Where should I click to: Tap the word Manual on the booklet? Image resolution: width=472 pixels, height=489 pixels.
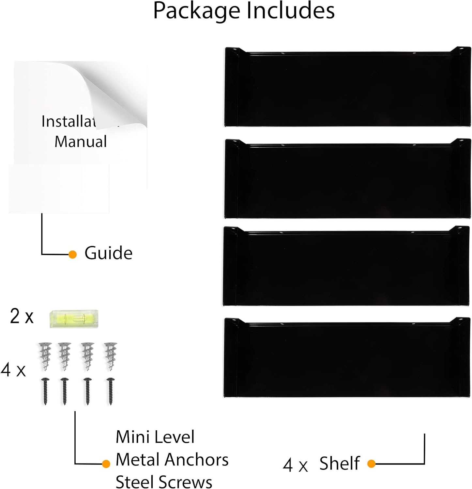click(81, 141)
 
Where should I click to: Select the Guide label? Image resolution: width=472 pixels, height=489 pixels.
click(108, 253)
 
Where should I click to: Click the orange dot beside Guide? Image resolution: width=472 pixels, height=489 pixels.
click(73, 254)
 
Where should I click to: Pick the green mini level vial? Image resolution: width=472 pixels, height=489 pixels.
click(74, 319)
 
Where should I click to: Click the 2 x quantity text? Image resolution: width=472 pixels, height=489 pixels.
click(22, 316)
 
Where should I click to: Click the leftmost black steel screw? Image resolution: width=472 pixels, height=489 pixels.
click(45, 391)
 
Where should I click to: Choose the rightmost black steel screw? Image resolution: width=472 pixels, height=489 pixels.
click(111, 391)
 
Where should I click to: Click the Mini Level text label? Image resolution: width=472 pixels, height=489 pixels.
click(155, 437)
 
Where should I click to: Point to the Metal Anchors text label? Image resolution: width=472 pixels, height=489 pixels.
click(172, 460)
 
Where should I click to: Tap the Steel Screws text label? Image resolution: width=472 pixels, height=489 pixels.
click(164, 482)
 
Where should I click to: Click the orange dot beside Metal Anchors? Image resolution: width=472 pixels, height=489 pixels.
click(106, 464)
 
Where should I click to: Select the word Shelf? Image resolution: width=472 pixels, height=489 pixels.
click(339, 463)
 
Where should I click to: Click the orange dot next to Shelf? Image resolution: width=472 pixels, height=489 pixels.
click(371, 463)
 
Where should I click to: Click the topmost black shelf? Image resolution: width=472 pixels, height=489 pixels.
click(347, 87)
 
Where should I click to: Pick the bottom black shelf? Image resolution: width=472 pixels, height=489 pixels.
click(347, 359)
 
